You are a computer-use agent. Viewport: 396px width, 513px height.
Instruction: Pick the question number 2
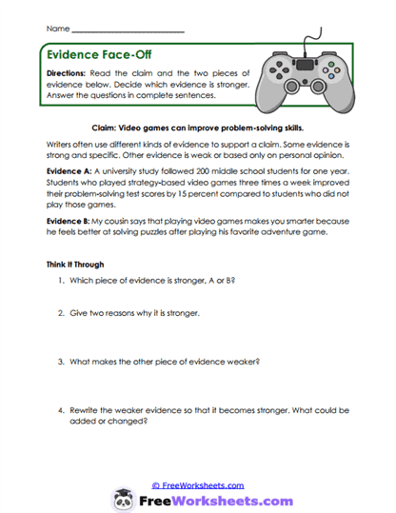pyautogui.click(x=60, y=312)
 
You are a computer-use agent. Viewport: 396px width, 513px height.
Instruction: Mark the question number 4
pyautogui.click(x=60, y=408)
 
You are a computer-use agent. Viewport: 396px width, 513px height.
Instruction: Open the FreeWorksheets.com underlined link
pyautogui.click(x=200, y=484)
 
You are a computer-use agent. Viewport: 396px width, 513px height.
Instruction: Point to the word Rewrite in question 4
pyautogui.click(x=85, y=408)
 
